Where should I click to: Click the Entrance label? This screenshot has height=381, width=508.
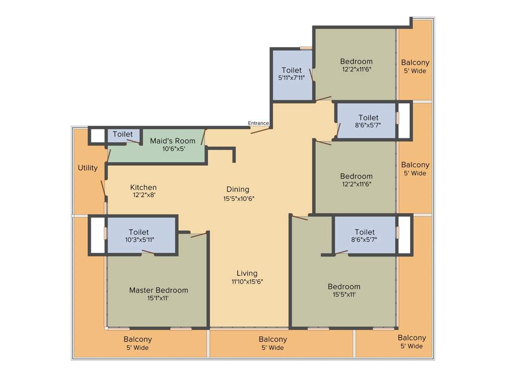258,123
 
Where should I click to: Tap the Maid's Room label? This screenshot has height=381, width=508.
173,141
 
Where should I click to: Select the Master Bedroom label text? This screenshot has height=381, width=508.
158,290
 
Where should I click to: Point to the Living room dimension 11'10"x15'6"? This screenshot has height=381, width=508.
247,281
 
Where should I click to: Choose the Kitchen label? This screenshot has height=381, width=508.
143,187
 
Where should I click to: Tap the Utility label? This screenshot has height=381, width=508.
88,168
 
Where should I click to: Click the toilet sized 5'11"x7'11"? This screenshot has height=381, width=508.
291,78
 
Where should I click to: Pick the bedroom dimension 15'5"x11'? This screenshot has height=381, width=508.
344,294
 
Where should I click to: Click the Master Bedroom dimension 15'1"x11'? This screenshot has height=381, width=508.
158,298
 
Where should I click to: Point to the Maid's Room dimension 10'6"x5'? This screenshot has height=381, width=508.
173,148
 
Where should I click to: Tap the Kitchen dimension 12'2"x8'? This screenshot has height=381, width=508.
144,195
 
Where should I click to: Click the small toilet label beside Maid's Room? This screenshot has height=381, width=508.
123,134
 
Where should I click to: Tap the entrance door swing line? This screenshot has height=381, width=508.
261,130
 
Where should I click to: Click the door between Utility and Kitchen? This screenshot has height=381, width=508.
103,189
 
